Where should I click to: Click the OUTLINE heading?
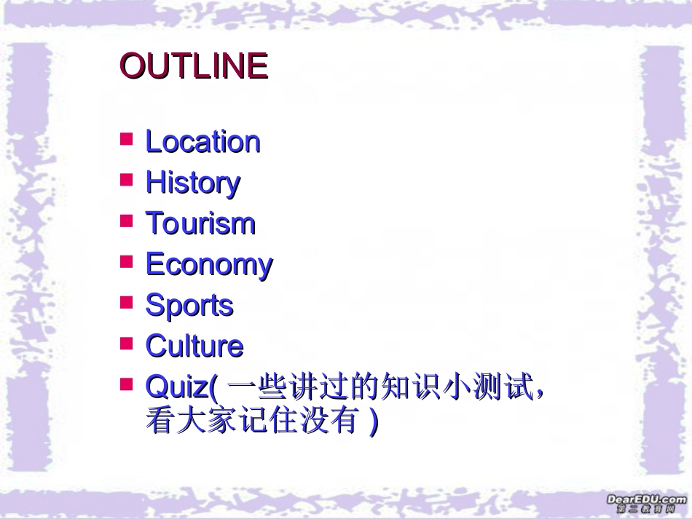pos(194,66)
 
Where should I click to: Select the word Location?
pos(203,141)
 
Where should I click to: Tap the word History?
pos(192,182)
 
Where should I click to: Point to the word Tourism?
pos(200,223)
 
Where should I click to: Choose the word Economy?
pos(209,264)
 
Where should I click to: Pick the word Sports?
pos(189,305)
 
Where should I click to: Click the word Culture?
pos(194,346)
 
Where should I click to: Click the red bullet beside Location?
pos(127,138)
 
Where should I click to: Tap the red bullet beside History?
pos(127,178)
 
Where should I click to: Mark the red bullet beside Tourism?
pos(127,219)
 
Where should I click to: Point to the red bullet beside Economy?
pos(127,261)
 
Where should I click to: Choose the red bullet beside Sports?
pos(127,301)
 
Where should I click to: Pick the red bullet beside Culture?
pos(127,342)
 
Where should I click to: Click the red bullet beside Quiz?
pos(127,384)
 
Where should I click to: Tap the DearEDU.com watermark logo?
pos(645,503)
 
